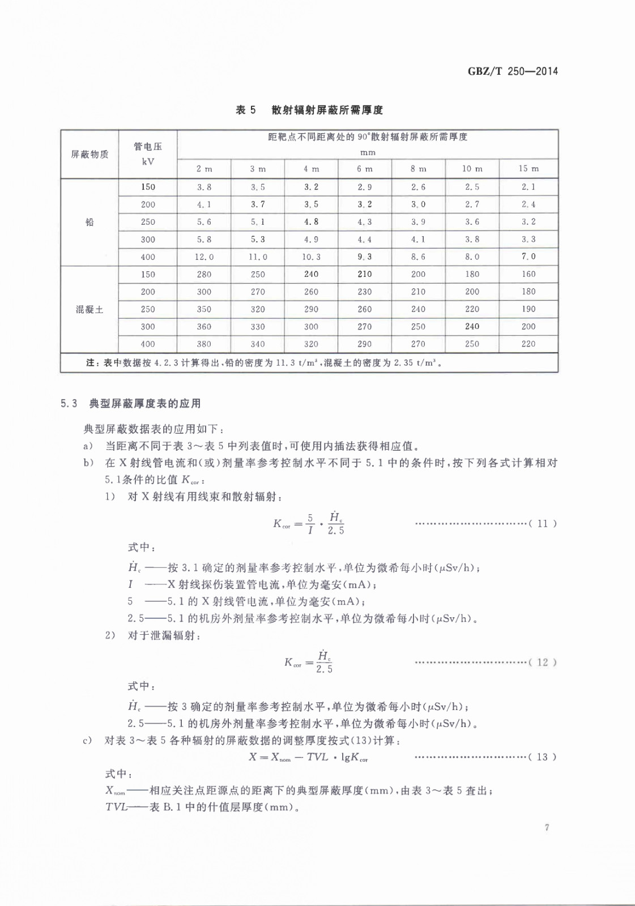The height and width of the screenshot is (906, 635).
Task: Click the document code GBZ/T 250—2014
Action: pyautogui.click(x=513, y=71)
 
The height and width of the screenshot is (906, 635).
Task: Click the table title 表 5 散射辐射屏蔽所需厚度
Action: pyautogui.click(x=309, y=110)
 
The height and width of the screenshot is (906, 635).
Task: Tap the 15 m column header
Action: pyautogui.click(x=529, y=169)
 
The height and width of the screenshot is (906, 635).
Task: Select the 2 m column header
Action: pyautogui.click(x=204, y=169)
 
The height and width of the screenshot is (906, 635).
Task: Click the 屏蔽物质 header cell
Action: pyautogui.click(x=90, y=155)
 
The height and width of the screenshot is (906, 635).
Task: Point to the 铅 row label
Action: pyautogui.click(x=90, y=222)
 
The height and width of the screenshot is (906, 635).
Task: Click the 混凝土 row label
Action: pyautogui.click(x=90, y=309)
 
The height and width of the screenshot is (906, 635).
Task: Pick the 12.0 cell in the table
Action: pyautogui.click(x=204, y=257)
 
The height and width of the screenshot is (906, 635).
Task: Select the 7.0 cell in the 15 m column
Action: pyautogui.click(x=529, y=257)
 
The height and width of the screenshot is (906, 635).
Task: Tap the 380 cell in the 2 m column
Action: pyautogui.click(x=204, y=344)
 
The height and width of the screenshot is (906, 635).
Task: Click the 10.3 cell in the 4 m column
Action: pyautogui.click(x=311, y=257)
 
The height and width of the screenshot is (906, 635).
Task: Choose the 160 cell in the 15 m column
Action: pyautogui.click(x=529, y=274)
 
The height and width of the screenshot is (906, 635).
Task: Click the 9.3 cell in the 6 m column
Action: pyautogui.click(x=365, y=257)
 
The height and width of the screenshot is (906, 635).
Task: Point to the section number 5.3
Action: pyautogui.click(x=69, y=404)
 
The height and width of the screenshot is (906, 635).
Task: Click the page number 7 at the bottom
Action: pyautogui.click(x=547, y=827)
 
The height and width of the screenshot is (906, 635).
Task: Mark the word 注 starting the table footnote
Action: pyautogui.click(x=91, y=362)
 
